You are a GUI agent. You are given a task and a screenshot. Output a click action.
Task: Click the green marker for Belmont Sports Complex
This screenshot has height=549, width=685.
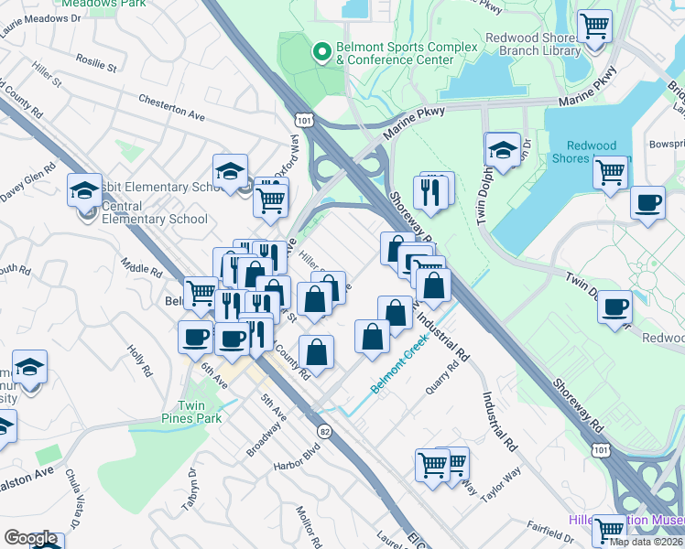pos(321,52)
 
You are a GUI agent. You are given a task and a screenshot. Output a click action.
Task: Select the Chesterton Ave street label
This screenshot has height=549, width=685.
pos(171,108)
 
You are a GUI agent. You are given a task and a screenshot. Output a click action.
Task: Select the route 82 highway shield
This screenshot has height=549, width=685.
pos(324,430)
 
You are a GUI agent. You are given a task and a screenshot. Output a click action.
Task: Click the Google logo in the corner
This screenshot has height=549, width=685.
pos(29,538)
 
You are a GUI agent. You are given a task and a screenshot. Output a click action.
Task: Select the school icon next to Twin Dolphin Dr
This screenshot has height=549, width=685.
pos(502,149)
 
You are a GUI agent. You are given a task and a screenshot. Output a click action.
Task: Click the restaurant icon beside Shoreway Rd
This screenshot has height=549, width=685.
pos(433,191)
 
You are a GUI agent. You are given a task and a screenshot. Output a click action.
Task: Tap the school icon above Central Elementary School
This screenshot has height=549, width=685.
pos(85,190)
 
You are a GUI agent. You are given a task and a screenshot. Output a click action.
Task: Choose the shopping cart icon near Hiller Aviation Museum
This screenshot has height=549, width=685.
pos(608,529)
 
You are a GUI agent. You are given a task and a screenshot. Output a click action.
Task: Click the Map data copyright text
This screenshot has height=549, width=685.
pos(646,541)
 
